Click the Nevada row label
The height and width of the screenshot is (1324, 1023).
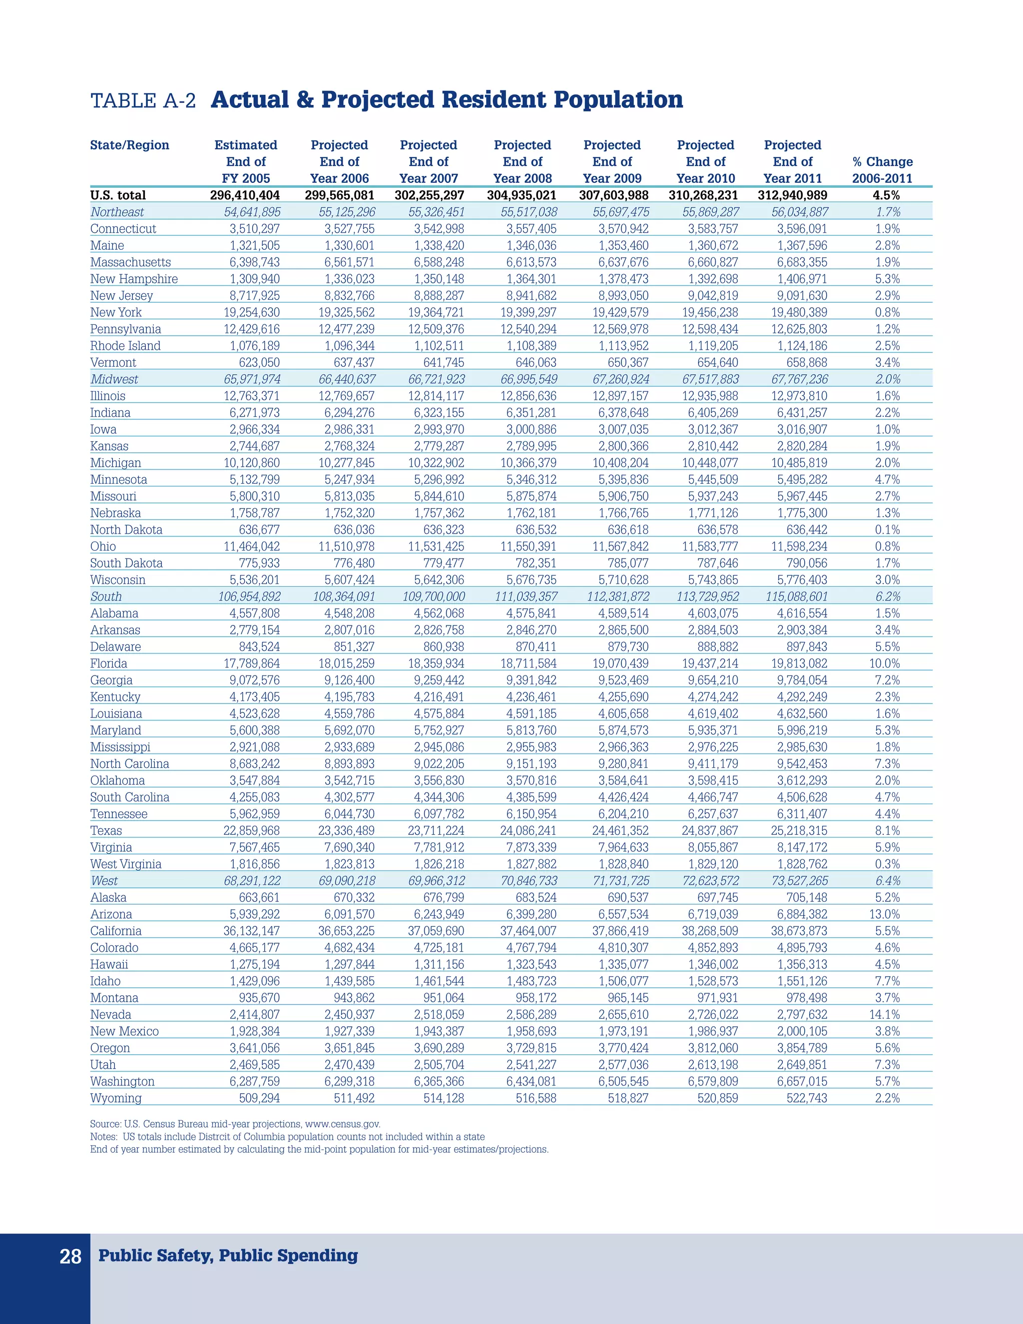click(110, 1014)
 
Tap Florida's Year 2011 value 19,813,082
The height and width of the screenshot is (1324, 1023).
click(799, 663)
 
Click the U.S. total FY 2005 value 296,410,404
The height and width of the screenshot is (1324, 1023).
click(245, 195)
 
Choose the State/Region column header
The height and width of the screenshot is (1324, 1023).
click(130, 145)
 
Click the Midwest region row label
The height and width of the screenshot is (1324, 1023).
click(114, 379)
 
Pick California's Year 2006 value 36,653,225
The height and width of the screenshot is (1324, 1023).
click(346, 931)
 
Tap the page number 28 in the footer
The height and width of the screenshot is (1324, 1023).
click(70, 1256)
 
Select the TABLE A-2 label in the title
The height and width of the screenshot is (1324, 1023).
click(143, 100)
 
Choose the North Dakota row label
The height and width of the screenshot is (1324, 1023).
click(126, 529)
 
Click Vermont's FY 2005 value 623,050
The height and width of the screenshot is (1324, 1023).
click(259, 363)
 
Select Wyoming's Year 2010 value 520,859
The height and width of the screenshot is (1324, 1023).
click(718, 1098)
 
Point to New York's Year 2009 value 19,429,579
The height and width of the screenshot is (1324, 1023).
click(620, 312)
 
